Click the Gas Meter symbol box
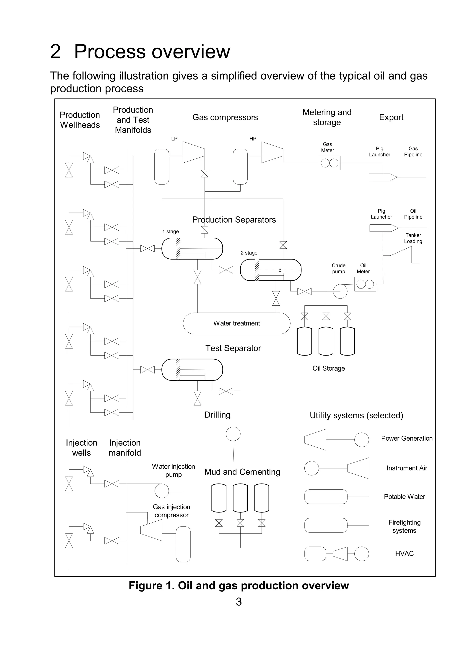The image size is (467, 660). (329, 163)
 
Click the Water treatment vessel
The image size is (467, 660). (236, 323)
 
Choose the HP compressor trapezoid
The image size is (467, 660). (272, 152)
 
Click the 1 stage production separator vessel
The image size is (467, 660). (192, 249)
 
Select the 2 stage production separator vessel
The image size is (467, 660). (271, 270)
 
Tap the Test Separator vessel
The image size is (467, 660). (192, 369)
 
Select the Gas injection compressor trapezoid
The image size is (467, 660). (151, 530)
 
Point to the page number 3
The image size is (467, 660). (239, 602)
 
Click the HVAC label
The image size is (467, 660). (404, 553)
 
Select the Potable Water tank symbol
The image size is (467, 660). (326, 497)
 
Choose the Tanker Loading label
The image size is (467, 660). (413, 238)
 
